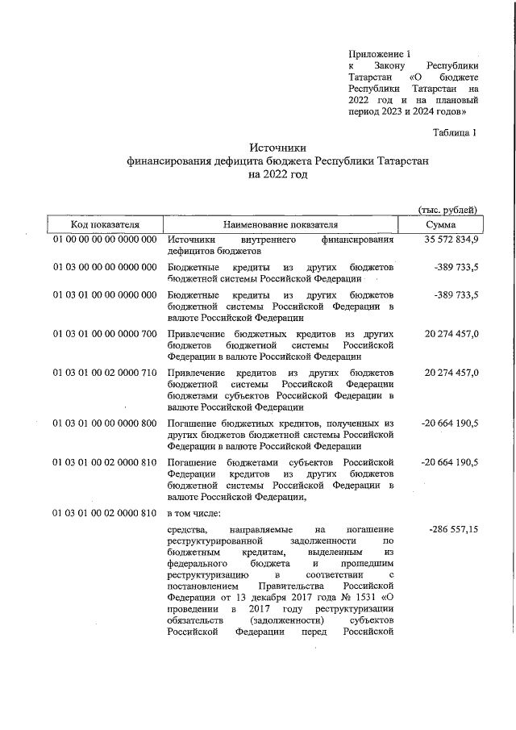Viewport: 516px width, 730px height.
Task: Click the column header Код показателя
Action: [x=105, y=224]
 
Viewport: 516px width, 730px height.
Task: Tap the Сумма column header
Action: [x=441, y=224]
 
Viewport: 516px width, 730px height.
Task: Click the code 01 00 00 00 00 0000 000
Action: [x=105, y=240]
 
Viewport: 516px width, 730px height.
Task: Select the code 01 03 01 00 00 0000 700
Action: [x=105, y=333]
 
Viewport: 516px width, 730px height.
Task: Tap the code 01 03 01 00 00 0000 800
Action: [x=105, y=423]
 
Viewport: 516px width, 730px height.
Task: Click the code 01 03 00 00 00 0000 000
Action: [x=105, y=266]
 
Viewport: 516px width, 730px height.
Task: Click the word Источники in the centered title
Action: [x=279, y=148]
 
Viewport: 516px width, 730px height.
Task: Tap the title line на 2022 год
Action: [x=279, y=174]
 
